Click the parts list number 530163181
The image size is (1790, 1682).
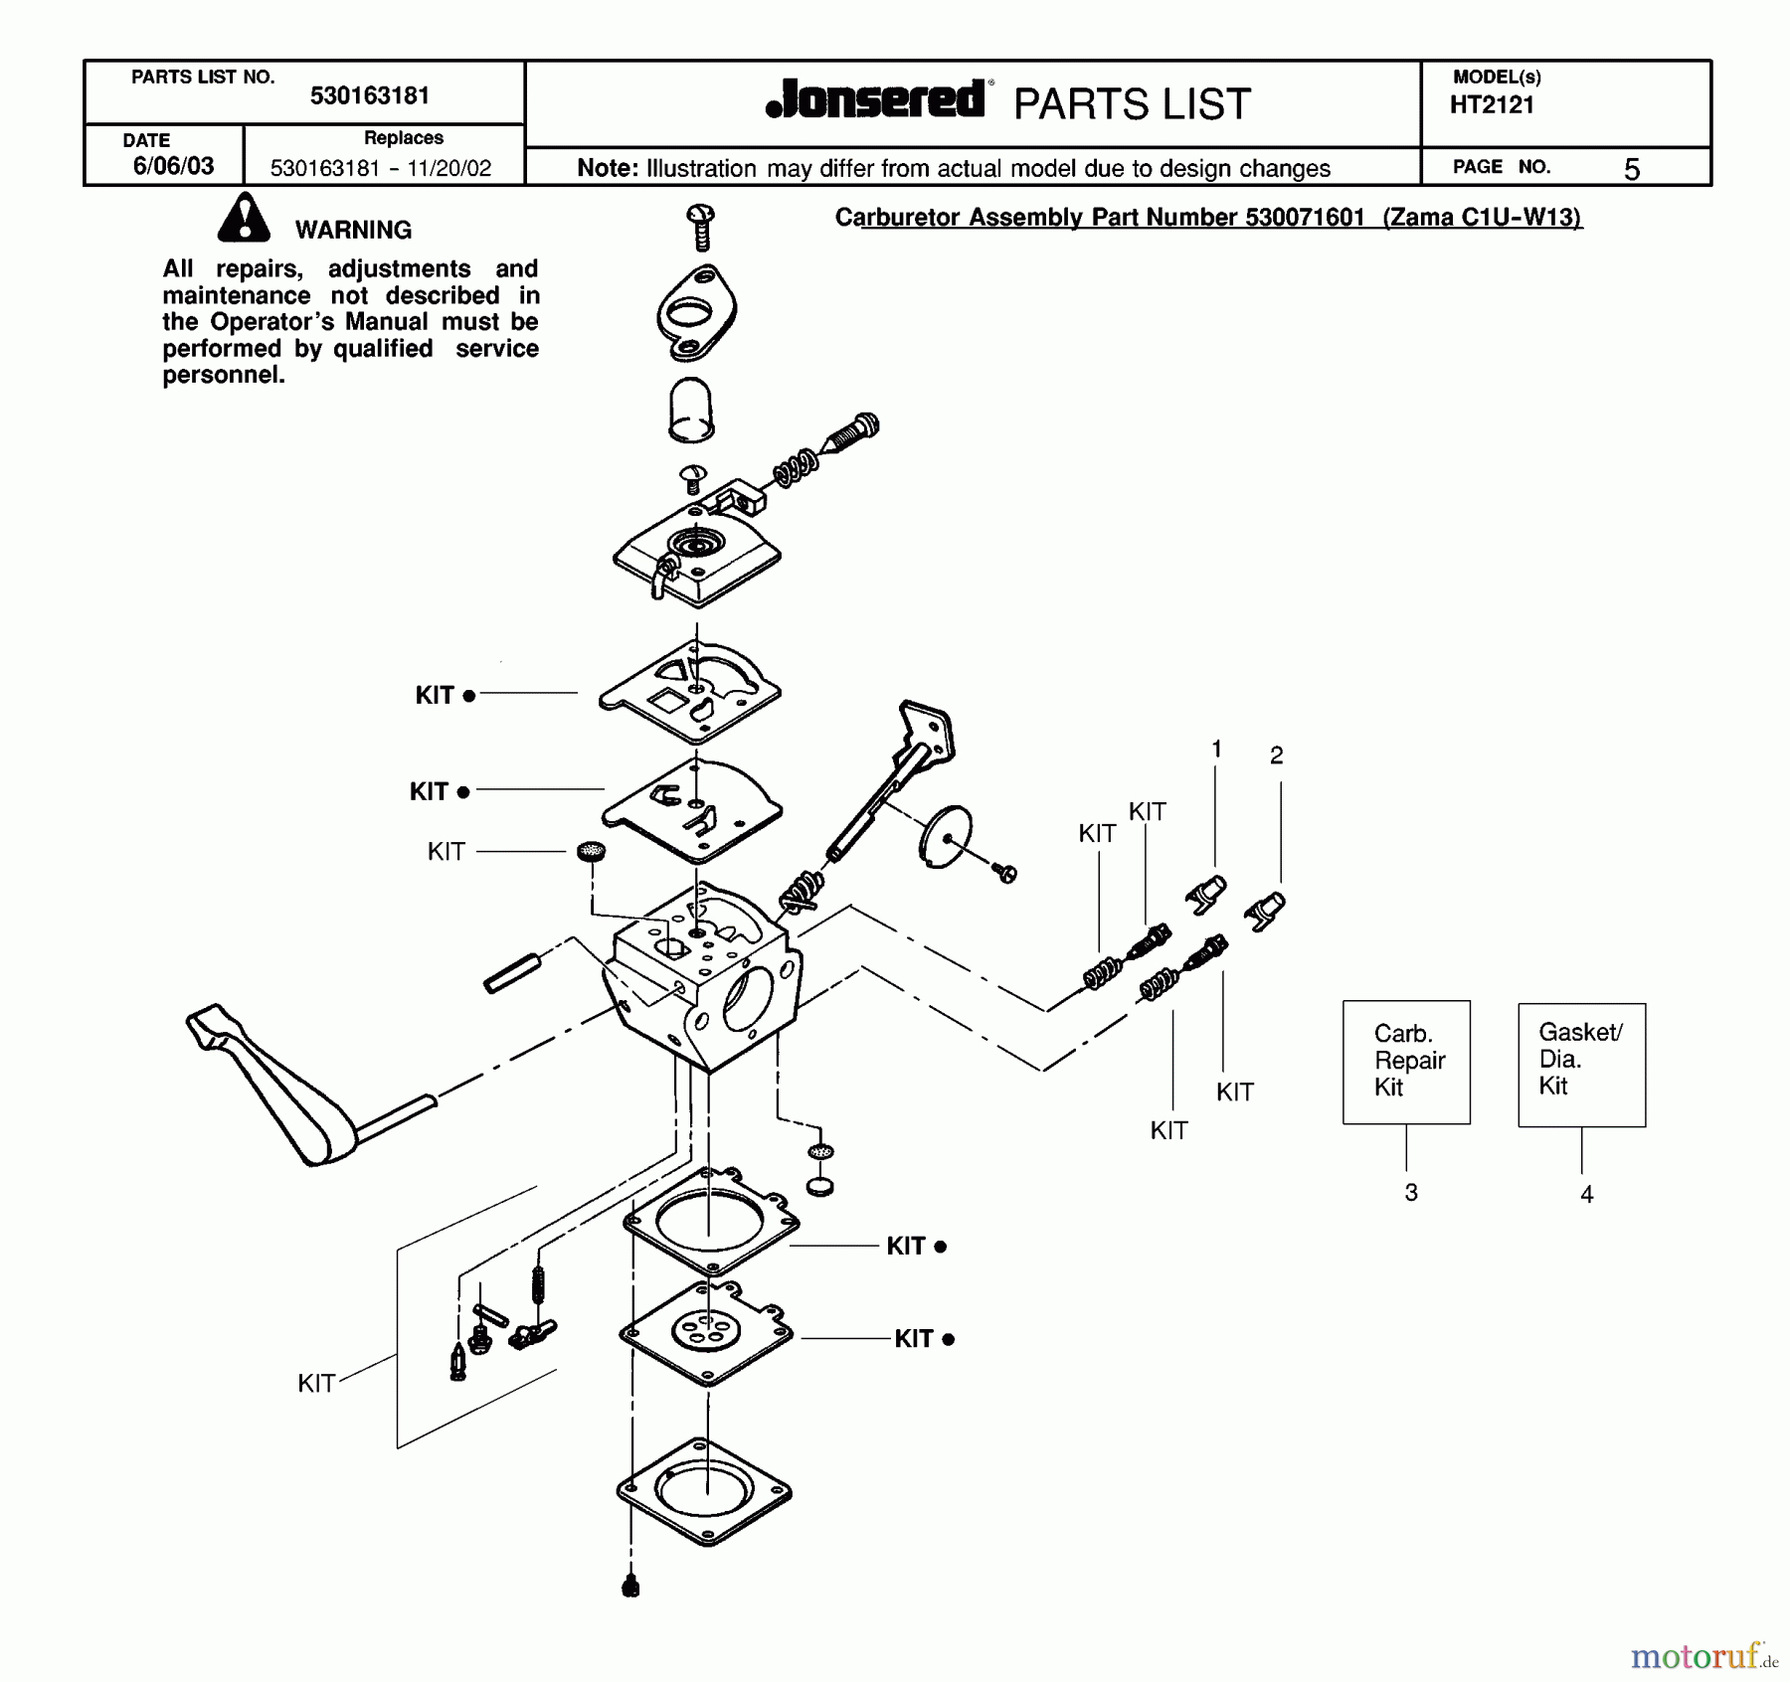(x=369, y=95)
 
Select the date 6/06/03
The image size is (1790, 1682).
(x=173, y=166)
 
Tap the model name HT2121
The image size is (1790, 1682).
(x=1492, y=105)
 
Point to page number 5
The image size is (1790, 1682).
(x=1631, y=170)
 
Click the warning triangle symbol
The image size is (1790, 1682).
(x=244, y=220)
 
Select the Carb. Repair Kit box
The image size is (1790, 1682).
(x=1406, y=1062)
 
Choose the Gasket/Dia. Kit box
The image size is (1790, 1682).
(x=1581, y=1064)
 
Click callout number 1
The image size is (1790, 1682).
(x=1216, y=750)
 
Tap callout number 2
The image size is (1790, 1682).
(x=1277, y=756)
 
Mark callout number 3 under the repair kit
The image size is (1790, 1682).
(x=1411, y=1192)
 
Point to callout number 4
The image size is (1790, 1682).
(x=1587, y=1194)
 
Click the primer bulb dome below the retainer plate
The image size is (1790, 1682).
(x=690, y=409)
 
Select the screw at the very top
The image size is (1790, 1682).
(x=701, y=227)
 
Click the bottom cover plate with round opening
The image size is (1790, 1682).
(x=704, y=1491)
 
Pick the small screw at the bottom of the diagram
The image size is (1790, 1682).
(x=630, y=1586)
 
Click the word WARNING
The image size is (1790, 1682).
(x=353, y=230)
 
